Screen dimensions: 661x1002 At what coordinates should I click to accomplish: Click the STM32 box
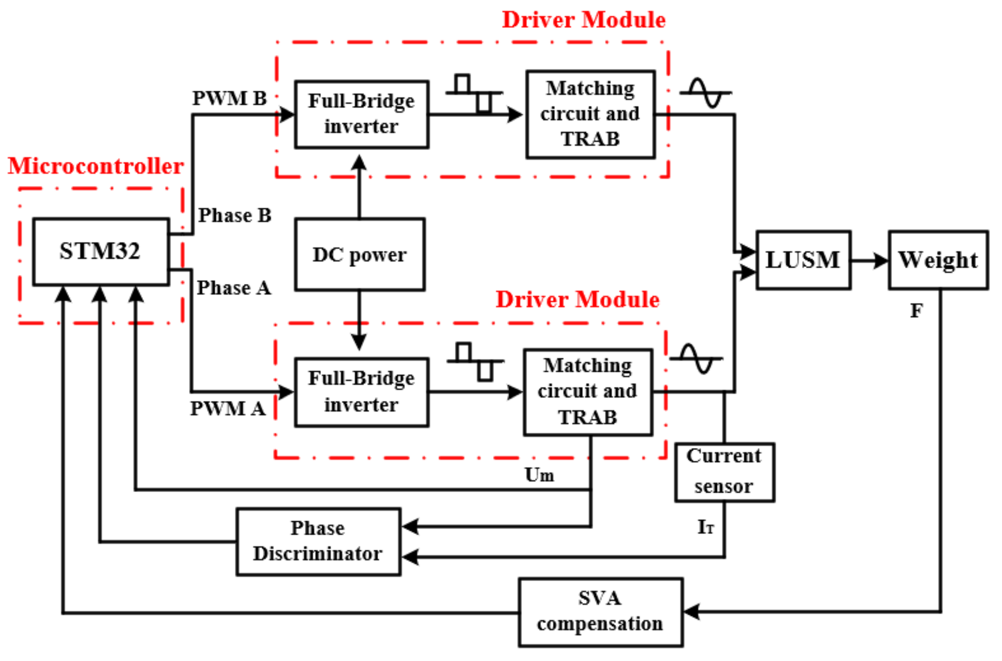point(101,252)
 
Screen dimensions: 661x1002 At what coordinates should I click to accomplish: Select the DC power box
point(359,255)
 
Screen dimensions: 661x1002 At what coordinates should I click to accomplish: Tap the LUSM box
point(803,260)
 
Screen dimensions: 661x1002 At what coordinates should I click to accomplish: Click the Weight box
point(938,260)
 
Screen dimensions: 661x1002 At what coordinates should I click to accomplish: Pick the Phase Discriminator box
point(318,541)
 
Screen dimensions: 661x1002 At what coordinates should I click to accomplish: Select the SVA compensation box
point(600,612)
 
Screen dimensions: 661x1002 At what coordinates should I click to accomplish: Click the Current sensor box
point(724,472)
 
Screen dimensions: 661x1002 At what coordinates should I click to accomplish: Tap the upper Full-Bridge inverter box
point(361,114)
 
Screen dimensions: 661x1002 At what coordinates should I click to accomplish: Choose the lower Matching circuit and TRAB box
point(588,391)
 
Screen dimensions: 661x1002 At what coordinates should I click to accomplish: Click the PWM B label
point(229,98)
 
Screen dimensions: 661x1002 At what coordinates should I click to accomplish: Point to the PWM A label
point(227,408)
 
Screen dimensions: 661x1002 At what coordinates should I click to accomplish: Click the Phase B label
point(235,216)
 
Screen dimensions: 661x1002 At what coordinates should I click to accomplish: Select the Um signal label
point(539,475)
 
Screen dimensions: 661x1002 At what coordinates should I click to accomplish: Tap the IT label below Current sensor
point(705,527)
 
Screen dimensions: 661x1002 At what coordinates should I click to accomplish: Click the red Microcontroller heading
point(96,166)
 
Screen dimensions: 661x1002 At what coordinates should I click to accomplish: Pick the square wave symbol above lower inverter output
point(475,362)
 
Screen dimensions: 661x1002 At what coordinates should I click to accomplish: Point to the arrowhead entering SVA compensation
point(691,611)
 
